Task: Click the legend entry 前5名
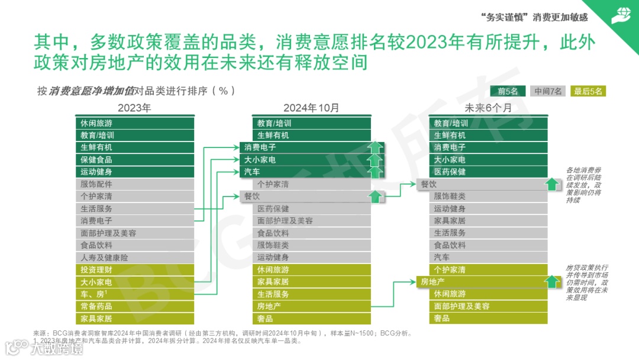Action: point(508,91)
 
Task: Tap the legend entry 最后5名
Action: point(589,91)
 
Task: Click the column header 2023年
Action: point(134,108)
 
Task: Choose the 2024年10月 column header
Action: point(311,108)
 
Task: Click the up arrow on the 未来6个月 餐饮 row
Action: point(552,184)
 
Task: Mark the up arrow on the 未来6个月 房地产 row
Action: point(552,282)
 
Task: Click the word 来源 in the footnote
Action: point(40,333)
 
